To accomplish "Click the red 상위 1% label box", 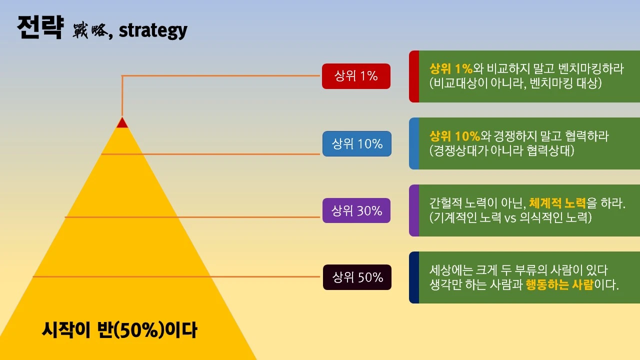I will point(356,76).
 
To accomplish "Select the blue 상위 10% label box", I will point(357,144).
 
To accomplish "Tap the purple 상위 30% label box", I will point(356,210).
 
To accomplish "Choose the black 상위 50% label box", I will point(357,277).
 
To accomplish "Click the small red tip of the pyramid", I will point(122,122).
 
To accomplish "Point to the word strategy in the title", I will point(153,30).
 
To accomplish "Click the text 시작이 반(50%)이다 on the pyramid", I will point(119,330).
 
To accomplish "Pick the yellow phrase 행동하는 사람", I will point(559,285).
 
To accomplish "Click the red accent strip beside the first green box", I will point(414,76).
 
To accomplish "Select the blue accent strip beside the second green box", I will point(414,143).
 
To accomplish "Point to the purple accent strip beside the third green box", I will point(414,210).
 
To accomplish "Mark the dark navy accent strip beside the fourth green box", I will point(414,277).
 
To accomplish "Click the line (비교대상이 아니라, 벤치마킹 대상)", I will point(515,83).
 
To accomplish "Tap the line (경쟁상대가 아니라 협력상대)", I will point(501,150).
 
